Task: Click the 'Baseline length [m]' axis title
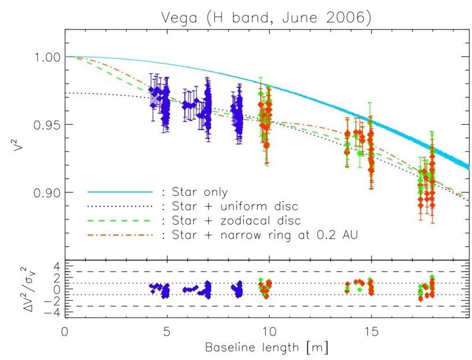point(267,349)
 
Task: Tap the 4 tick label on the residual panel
point(53,266)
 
